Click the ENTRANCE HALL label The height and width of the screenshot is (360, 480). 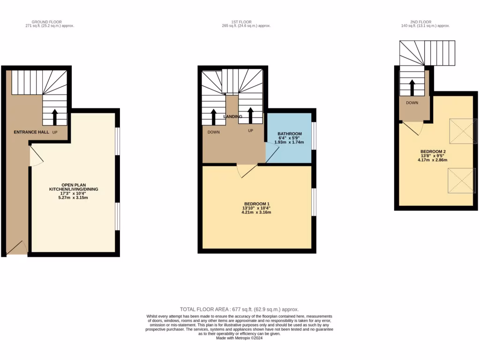tap(31, 133)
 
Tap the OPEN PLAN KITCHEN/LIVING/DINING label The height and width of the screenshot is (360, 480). tap(74, 187)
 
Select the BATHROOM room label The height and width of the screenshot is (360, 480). tap(289, 134)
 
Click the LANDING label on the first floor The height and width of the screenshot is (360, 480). tap(233, 116)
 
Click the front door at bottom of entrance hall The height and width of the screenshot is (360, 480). tap(17, 248)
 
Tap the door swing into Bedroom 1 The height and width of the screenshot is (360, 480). tap(246, 171)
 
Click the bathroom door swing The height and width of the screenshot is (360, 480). tap(272, 153)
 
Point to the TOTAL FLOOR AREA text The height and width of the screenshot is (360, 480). tap(240, 309)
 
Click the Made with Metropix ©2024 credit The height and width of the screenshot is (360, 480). tap(240, 338)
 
